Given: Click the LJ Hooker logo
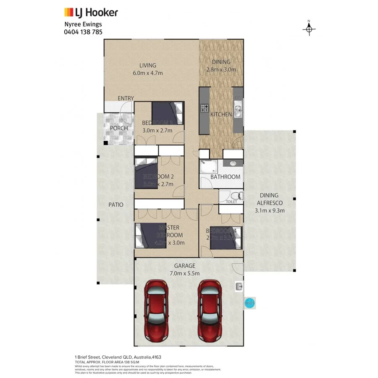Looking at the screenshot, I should point(90,13).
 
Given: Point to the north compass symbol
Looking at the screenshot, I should point(309,29).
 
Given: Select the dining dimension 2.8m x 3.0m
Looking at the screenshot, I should point(221,70).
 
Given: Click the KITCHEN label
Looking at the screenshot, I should point(221,114).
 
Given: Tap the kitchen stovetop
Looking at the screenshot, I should point(205,108).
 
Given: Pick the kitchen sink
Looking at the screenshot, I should point(238,110).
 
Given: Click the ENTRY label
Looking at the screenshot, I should point(126,98).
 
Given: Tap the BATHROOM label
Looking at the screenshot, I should point(226,177).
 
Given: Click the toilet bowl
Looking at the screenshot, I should point(236,195).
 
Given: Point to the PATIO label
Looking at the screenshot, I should point(116,205).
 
